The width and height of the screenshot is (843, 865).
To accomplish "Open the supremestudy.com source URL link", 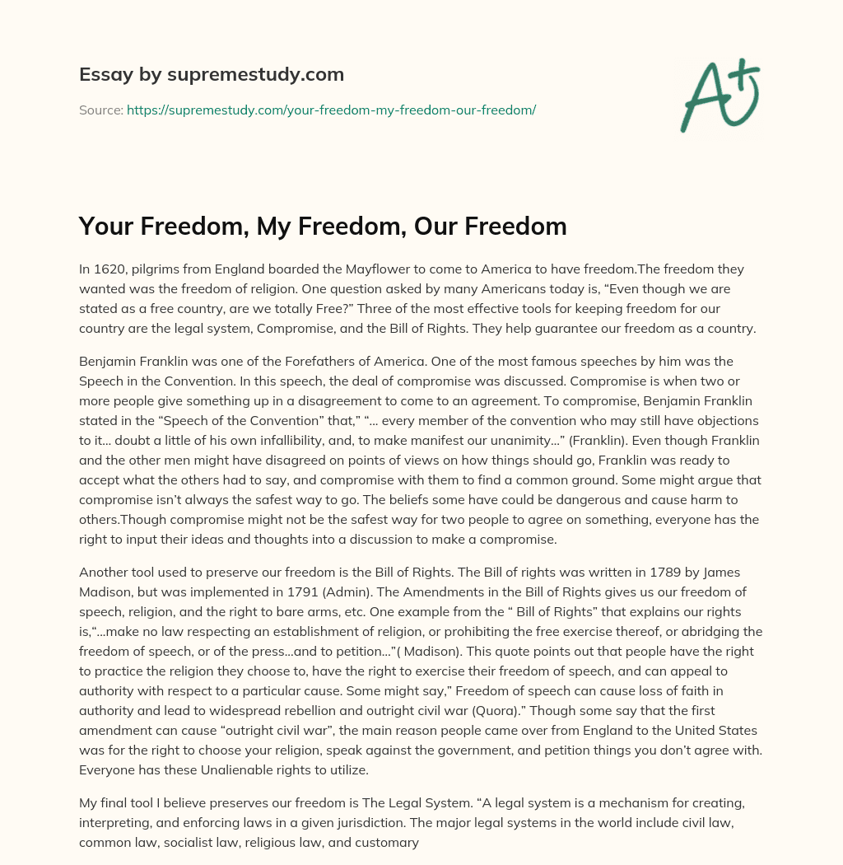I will pyautogui.click(x=331, y=110).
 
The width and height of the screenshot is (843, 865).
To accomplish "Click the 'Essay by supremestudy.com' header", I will pyautogui.click(x=212, y=75).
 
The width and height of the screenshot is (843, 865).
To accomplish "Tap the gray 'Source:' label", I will pyautogui.click(x=101, y=110).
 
